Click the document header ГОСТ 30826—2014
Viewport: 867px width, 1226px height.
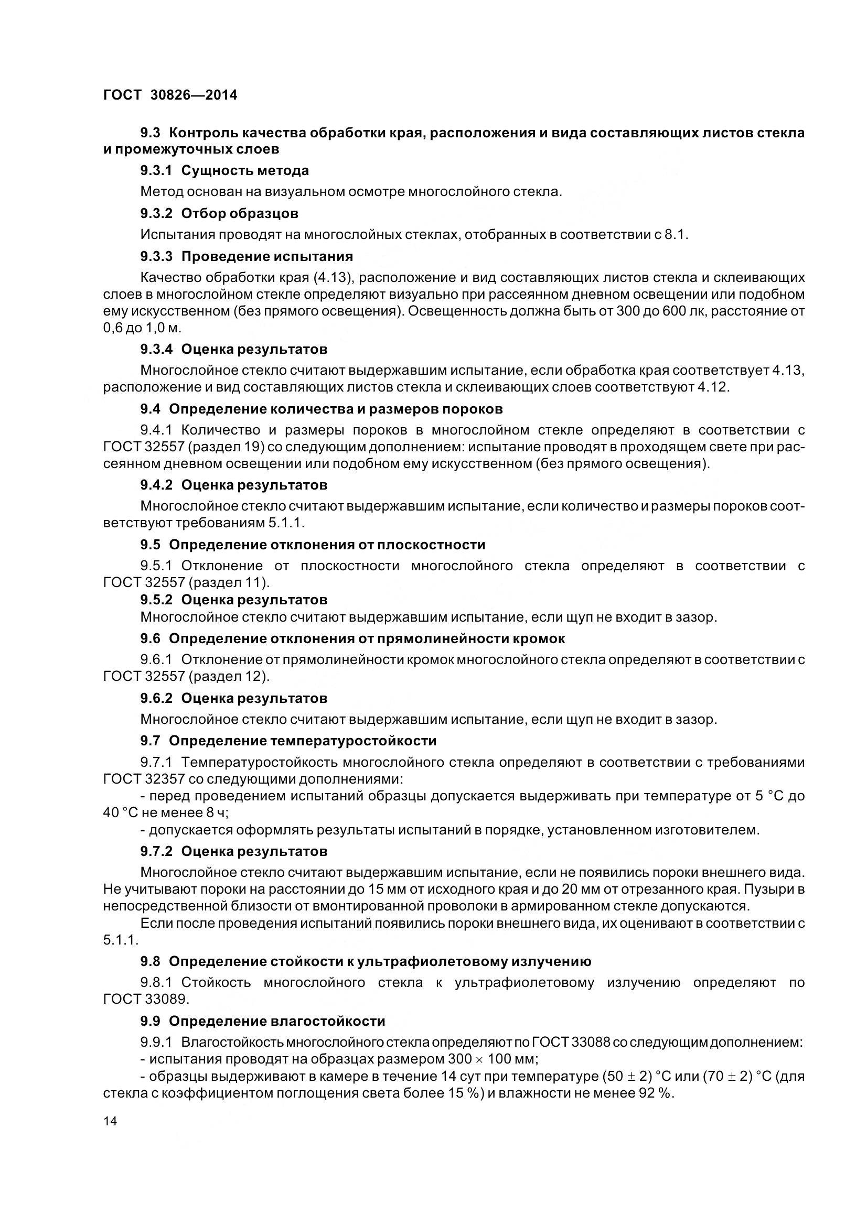(x=170, y=95)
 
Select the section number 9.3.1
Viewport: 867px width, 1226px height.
(x=156, y=171)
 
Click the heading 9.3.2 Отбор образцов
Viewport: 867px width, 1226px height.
(x=219, y=213)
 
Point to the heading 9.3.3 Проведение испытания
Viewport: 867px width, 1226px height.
(x=247, y=257)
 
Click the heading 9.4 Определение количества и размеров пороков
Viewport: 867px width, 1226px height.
(x=321, y=409)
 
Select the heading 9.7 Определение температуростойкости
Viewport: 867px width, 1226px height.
(x=288, y=741)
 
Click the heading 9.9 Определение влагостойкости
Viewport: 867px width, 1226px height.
(x=262, y=1021)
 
